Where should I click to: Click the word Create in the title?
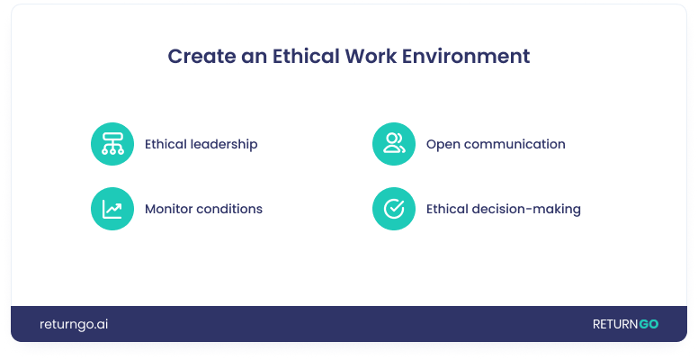(201, 56)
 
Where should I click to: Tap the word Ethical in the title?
(306, 56)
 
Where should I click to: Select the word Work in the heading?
(371, 56)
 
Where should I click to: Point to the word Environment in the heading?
(466, 56)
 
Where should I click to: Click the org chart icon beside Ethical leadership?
(112, 144)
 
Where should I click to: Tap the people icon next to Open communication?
(394, 144)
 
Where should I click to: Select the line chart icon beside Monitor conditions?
(112, 209)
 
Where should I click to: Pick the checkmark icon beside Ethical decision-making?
(394, 209)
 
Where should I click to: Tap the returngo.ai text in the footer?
(74, 324)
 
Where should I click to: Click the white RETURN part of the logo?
(615, 324)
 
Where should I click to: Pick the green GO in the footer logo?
(649, 324)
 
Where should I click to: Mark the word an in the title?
(255, 57)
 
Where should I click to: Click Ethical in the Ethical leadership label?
(166, 144)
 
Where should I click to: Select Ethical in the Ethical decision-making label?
(447, 209)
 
